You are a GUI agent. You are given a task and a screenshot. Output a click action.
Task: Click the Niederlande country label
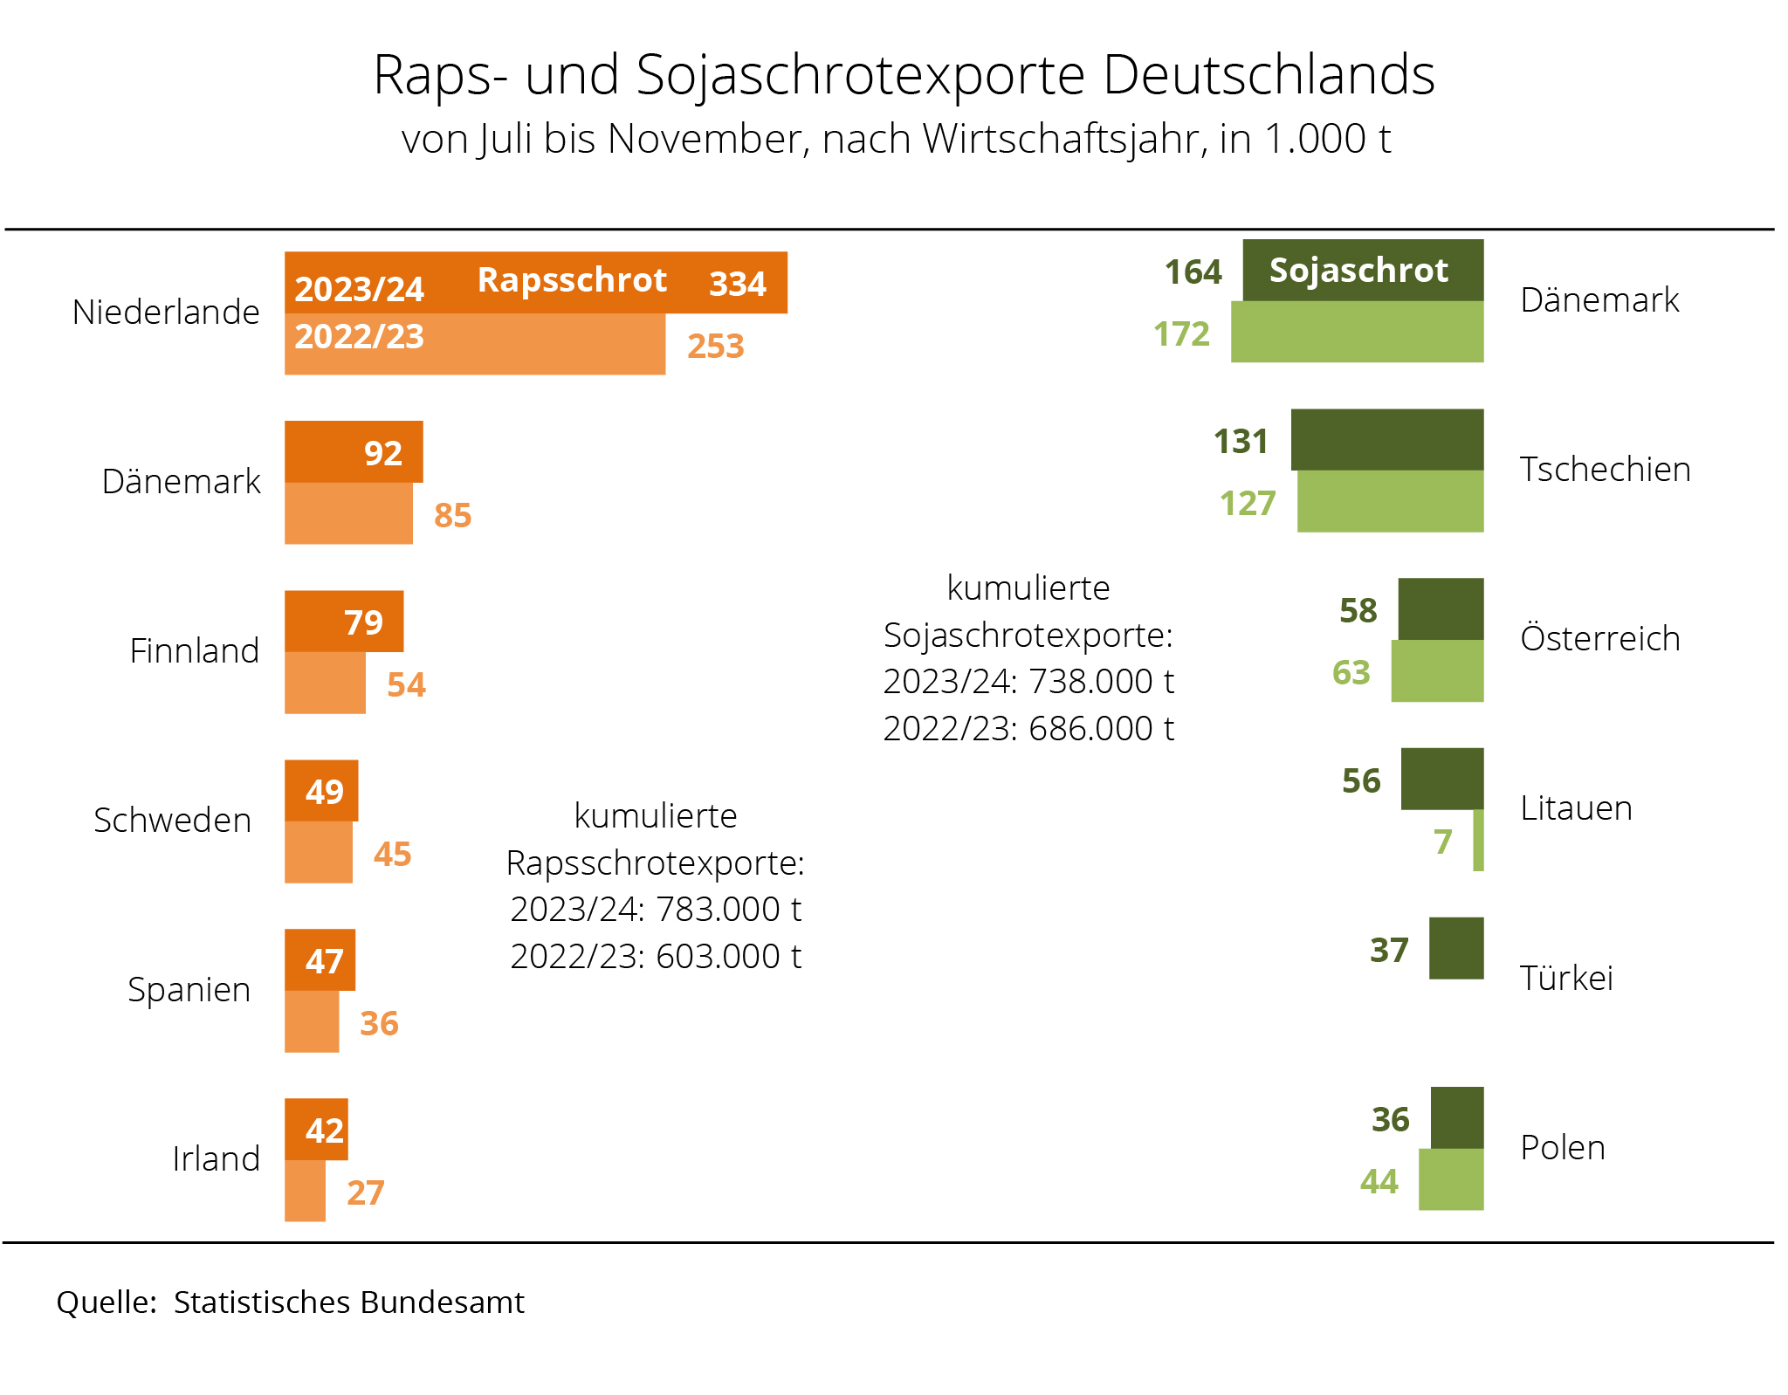coord(166,312)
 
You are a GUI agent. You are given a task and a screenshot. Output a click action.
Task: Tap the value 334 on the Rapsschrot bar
coord(738,284)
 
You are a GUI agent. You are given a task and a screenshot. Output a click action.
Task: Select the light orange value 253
coord(715,347)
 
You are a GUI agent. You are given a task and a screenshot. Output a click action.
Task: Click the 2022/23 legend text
coord(359,337)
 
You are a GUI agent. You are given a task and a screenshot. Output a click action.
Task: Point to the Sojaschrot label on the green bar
coord(1358,271)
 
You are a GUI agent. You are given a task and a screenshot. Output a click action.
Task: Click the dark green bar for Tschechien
coord(1386,440)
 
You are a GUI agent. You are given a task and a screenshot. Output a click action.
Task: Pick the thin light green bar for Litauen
coord(1478,840)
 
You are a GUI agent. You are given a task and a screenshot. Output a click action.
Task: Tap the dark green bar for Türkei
coord(1456,948)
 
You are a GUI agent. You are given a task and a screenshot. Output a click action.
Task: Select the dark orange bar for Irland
coord(316,1130)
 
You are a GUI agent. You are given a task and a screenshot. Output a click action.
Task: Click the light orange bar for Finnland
coord(325,683)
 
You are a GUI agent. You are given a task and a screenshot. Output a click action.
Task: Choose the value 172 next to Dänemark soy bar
coord(1181,334)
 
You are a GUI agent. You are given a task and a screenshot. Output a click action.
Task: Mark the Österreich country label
coord(1599,638)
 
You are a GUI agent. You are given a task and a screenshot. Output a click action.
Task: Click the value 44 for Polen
coord(1379,1182)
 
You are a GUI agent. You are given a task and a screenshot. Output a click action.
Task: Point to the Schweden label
coord(172,821)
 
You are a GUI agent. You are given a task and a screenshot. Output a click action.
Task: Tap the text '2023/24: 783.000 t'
coord(656,910)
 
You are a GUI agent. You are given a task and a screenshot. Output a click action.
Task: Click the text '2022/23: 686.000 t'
coord(1028,728)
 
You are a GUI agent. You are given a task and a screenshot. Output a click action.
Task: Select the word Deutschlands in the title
coord(1269,75)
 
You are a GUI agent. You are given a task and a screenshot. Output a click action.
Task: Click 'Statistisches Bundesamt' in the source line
coord(348,1302)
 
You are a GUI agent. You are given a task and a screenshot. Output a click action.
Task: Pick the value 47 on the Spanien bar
coord(324,961)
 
